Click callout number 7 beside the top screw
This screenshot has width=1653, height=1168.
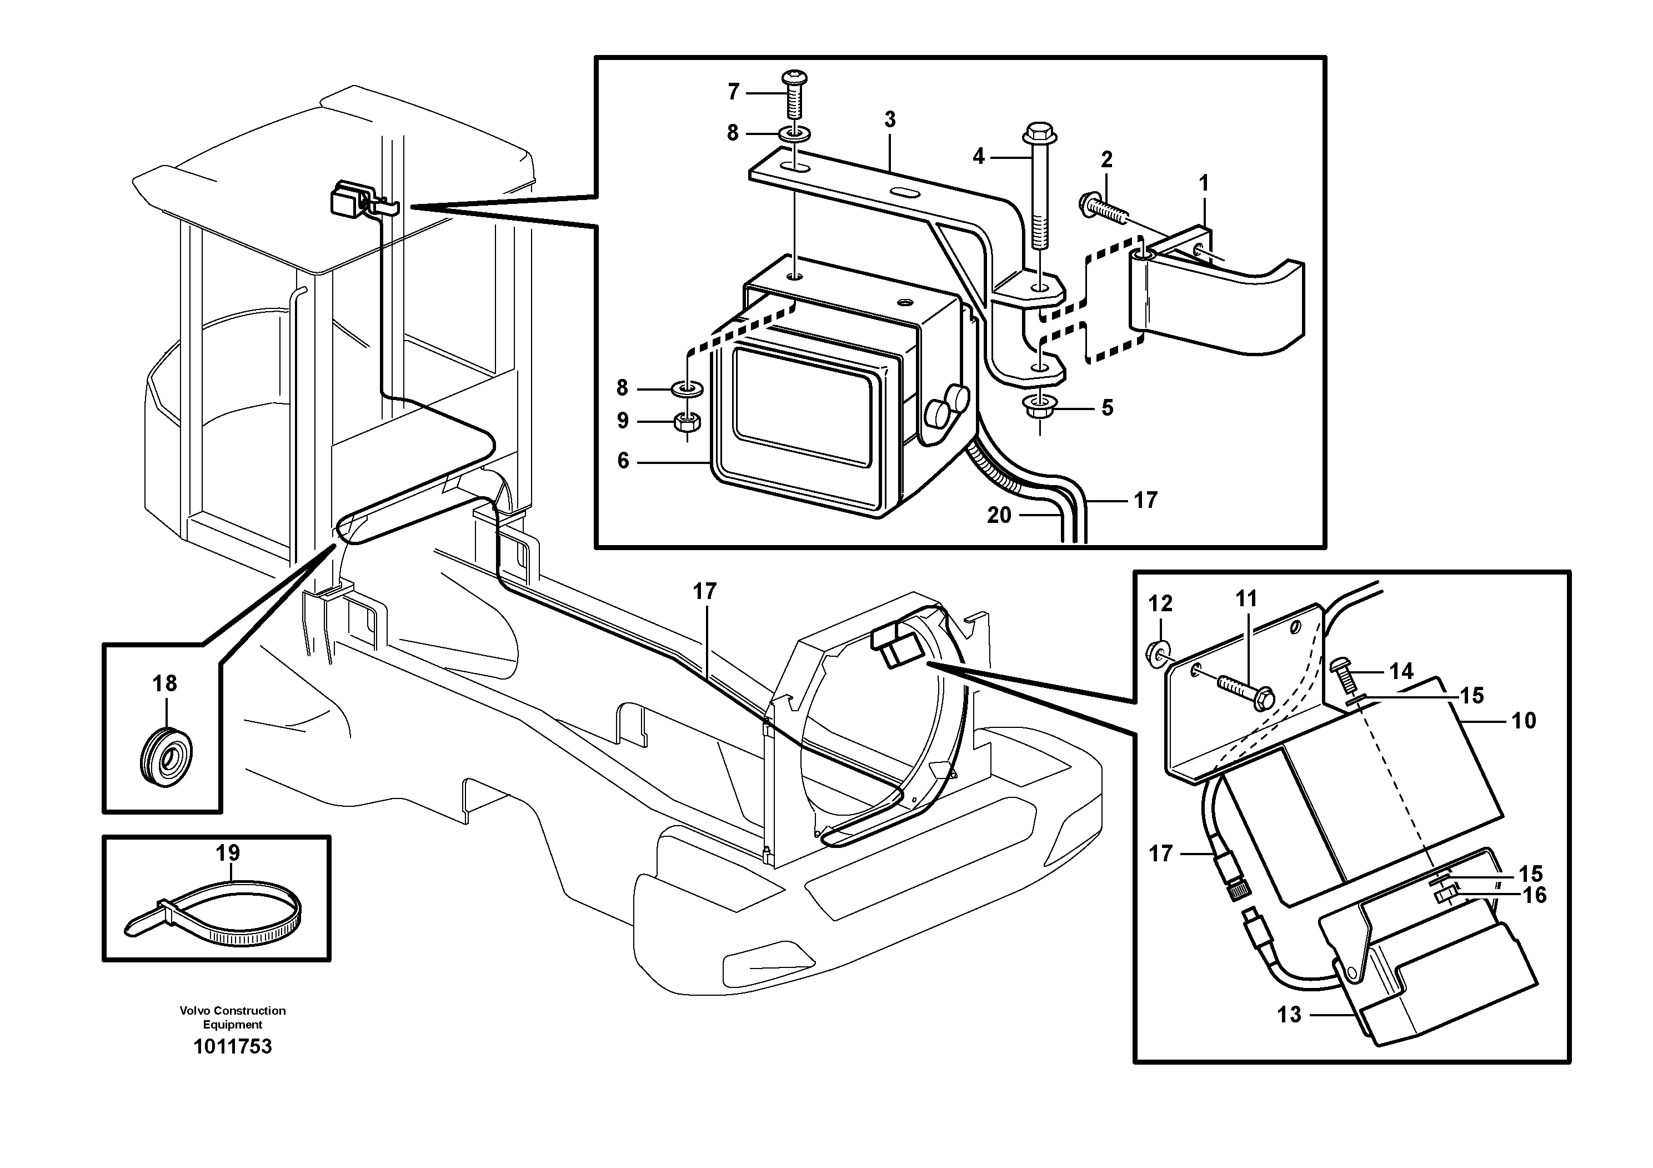click(x=733, y=92)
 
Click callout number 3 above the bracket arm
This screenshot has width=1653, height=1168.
click(x=890, y=119)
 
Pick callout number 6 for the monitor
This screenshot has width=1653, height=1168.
click(x=623, y=461)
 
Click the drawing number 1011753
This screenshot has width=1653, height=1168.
click(x=233, y=1046)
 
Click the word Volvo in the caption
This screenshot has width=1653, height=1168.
click(x=196, y=1010)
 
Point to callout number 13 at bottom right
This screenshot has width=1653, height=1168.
click(x=1289, y=1015)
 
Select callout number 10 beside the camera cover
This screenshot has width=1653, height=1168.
click(x=1524, y=720)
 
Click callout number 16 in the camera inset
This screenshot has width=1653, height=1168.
click(x=1535, y=895)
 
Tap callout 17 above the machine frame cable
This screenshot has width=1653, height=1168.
click(x=704, y=591)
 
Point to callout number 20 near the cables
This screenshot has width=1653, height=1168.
click(x=999, y=515)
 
